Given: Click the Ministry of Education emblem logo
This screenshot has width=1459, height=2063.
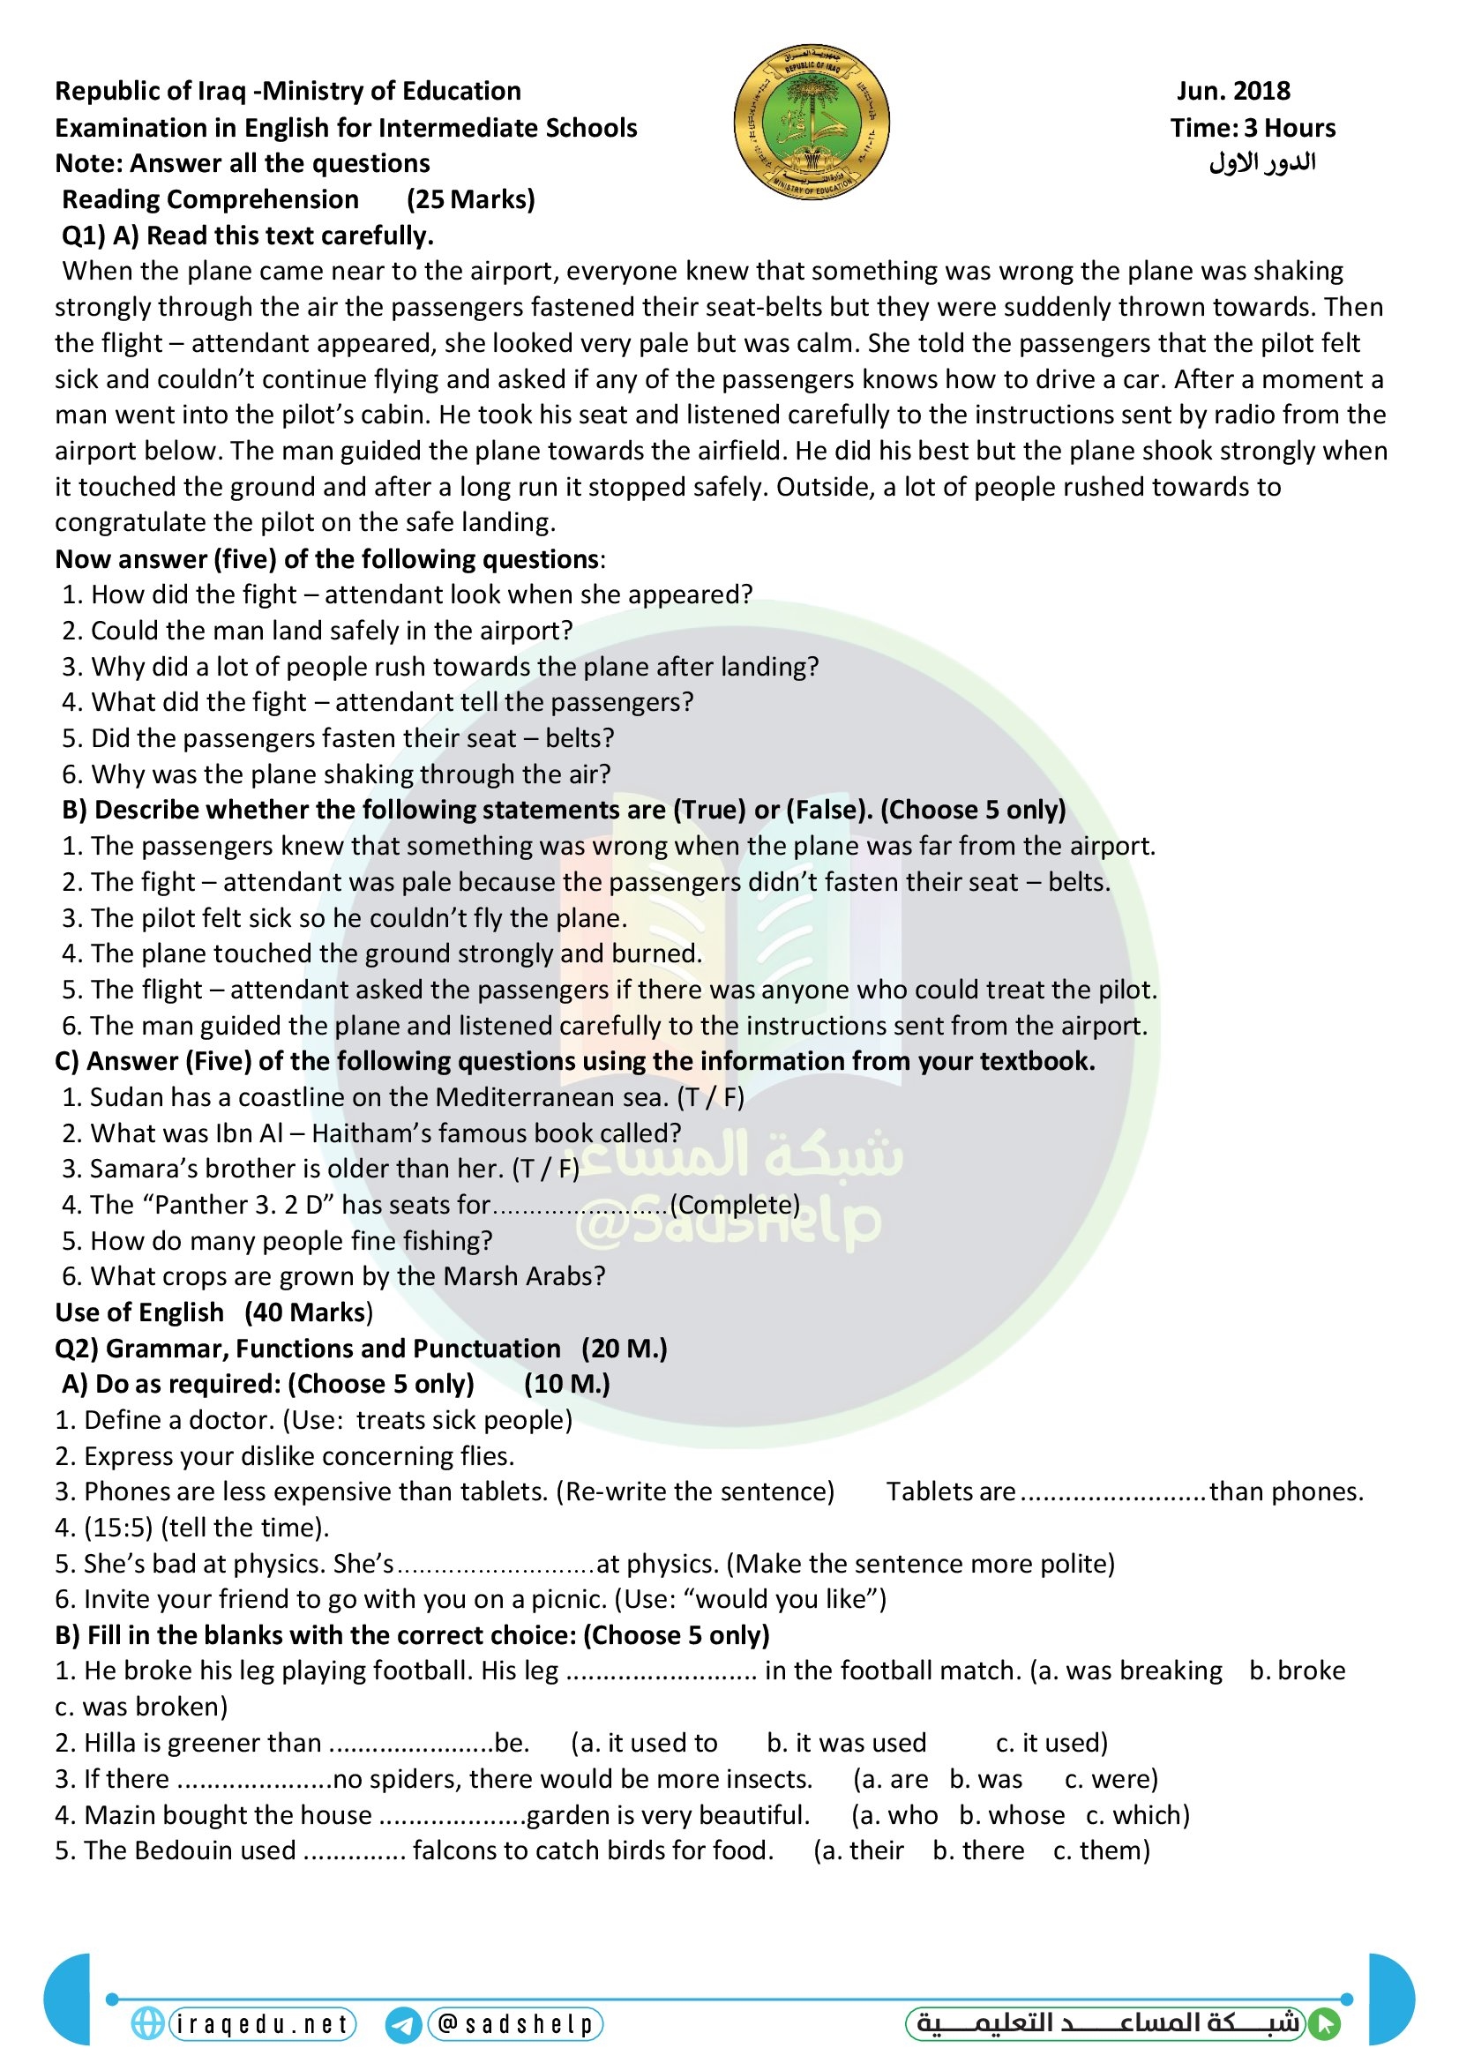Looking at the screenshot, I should click(x=812, y=123).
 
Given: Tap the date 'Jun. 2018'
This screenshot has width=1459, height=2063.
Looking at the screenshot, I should click(x=1232, y=91).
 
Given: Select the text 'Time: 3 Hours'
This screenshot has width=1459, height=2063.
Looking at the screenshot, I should click(x=1253, y=128).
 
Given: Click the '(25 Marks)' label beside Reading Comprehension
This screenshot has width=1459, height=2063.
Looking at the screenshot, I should click(x=470, y=199).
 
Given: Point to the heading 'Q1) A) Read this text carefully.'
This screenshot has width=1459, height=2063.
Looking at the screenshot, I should click(x=247, y=235).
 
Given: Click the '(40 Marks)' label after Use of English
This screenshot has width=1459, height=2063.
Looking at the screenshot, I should click(x=308, y=1312).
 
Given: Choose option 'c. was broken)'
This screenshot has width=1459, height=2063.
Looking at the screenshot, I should click(x=142, y=1707).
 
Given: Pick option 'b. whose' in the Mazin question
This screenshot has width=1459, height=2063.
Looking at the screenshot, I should click(x=1012, y=1815).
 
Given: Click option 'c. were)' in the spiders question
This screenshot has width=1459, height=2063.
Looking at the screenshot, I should click(x=1111, y=1779).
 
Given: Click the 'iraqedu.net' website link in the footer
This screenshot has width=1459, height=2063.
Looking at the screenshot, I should click(x=261, y=2024).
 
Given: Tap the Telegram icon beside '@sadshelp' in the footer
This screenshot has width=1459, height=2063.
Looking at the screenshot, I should click(x=403, y=2025).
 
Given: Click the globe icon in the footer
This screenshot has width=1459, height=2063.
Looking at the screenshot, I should click(x=147, y=2023).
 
